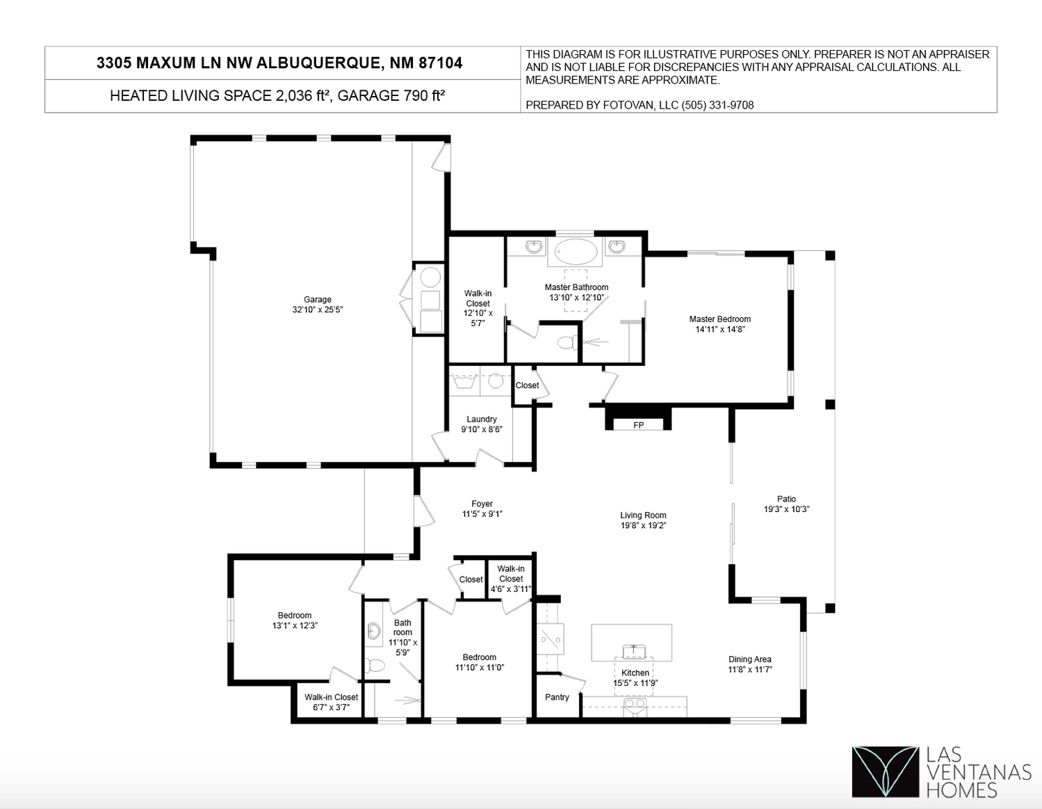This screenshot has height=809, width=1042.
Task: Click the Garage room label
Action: pyautogui.click(x=318, y=299)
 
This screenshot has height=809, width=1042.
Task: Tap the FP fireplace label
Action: pyautogui.click(x=638, y=425)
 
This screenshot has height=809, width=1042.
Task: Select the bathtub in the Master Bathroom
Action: pyautogui.click(x=576, y=252)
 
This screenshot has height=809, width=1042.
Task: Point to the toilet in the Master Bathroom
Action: pyautogui.click(x=568, y=342)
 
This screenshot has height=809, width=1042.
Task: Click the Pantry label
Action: pyautogui.click(x=557, y=697)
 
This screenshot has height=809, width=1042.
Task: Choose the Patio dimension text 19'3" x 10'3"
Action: pyautogui.click(x=786, y=509)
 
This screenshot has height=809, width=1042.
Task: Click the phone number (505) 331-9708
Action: pyautogui.click(x=717, y=105)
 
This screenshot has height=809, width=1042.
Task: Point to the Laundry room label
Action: pyautogui.click(x=482, y=419)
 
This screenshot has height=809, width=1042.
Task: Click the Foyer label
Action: pyautogui.click(x=482, y=504)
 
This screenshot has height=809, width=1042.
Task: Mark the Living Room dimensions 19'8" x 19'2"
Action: pyautogui.click(x=643, y=525)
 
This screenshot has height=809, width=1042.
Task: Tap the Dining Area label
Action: pyautogui.click(x=750, y=659)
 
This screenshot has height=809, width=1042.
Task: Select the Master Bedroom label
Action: pyautogui.click(x=719, y=319)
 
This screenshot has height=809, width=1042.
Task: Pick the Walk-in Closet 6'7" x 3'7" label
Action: pyautogui.click(x=332, y=702)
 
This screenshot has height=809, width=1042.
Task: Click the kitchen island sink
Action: pyautogui.click(x=633, y=651)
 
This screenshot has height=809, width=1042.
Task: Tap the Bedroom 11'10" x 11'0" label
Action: pyautogui.click(x=480, y=662)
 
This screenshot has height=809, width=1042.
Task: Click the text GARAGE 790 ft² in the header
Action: pyautogui.click(x=391, y=95)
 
